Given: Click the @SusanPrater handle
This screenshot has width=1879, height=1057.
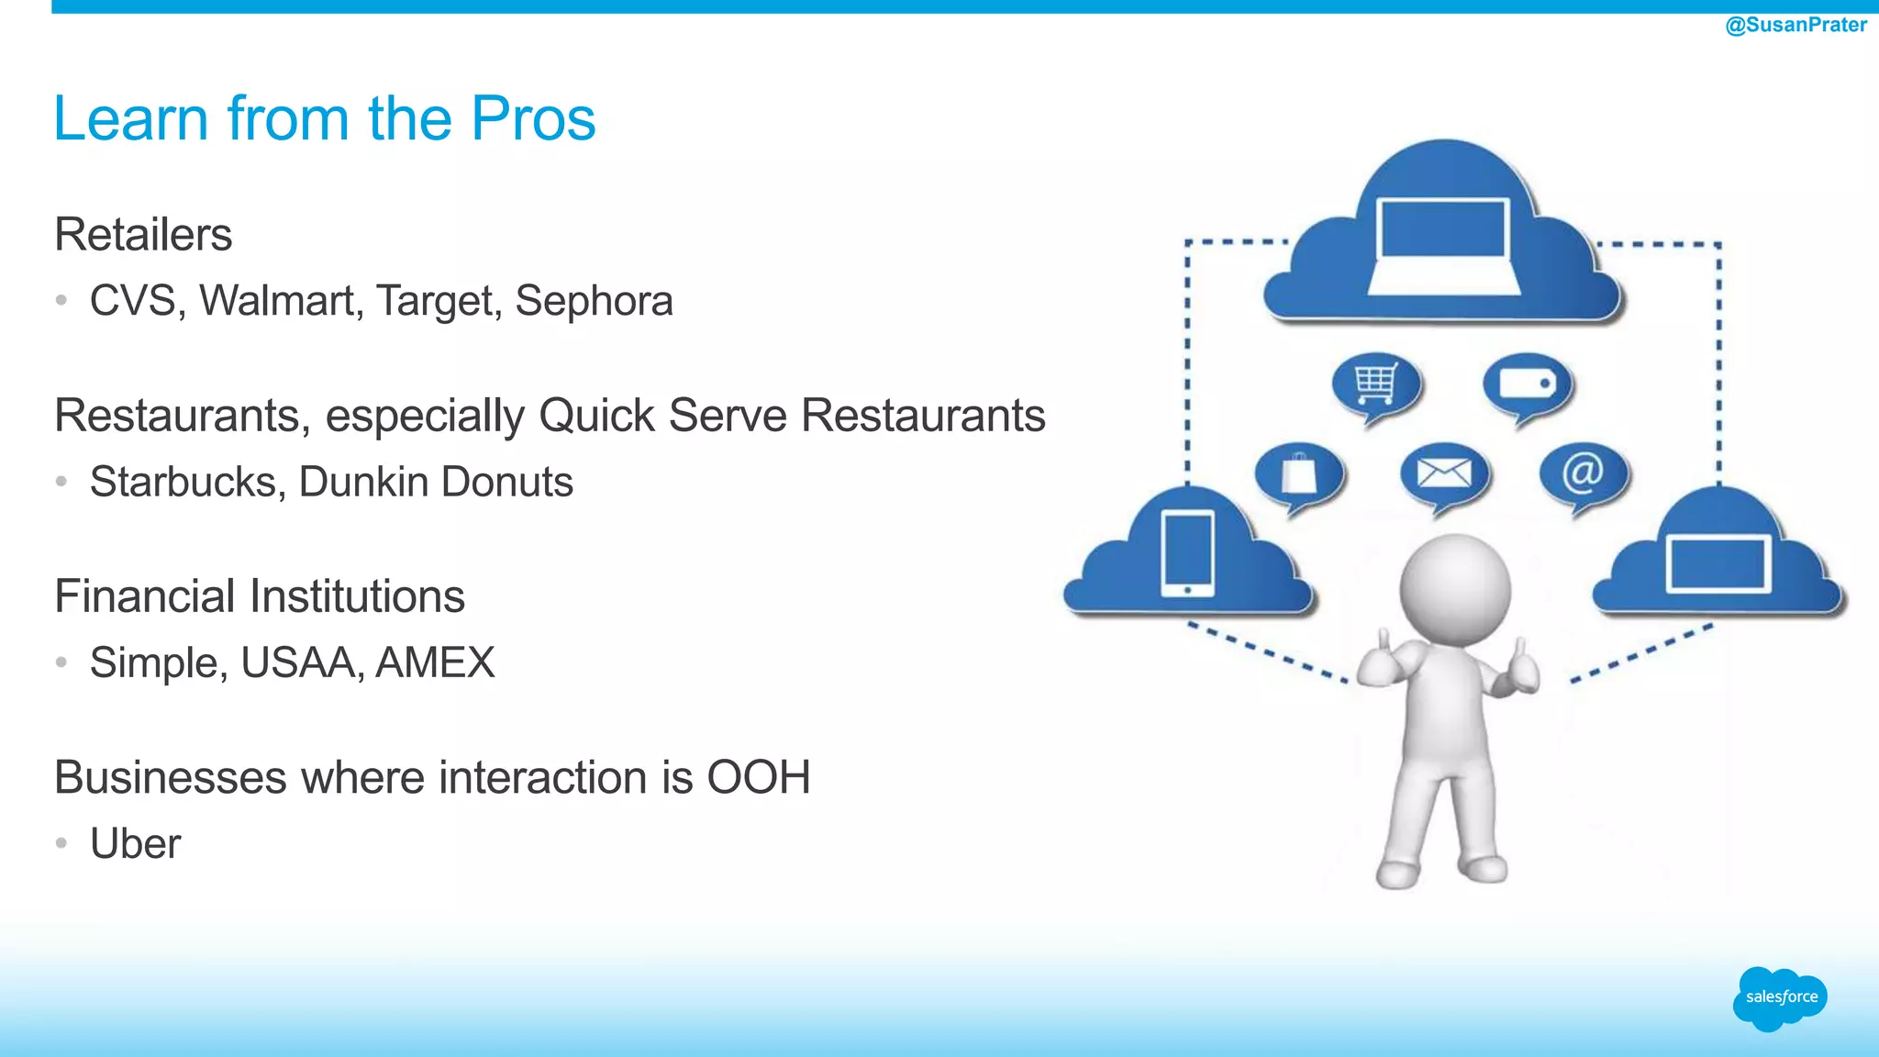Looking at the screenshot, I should point(1796,25).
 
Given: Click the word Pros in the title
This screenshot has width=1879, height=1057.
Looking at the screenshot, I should point(533,118).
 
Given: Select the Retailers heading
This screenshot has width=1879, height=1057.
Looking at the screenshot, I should point(143,234).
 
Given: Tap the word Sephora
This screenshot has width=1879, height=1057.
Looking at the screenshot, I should point(594,301).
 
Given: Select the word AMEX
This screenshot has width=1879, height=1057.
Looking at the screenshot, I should point(435,662).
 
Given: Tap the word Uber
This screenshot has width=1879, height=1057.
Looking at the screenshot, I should point(135,843).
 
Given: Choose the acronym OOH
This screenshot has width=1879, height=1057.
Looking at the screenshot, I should point(758,777).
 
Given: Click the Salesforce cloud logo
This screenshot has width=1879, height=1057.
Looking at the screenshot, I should point(1780,997).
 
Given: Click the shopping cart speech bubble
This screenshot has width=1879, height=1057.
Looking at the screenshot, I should point(1376,385).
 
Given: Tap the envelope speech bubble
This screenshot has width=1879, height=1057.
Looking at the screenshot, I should point(1444,475).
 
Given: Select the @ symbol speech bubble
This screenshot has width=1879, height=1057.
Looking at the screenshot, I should point(1583,473).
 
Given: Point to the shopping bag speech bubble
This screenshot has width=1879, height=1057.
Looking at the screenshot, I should point(1298,475).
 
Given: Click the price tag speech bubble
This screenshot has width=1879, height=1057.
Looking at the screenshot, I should point(1528,385).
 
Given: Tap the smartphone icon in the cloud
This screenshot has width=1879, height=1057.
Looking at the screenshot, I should point(1187,553).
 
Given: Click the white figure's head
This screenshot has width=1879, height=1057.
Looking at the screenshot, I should point(1454,587).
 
